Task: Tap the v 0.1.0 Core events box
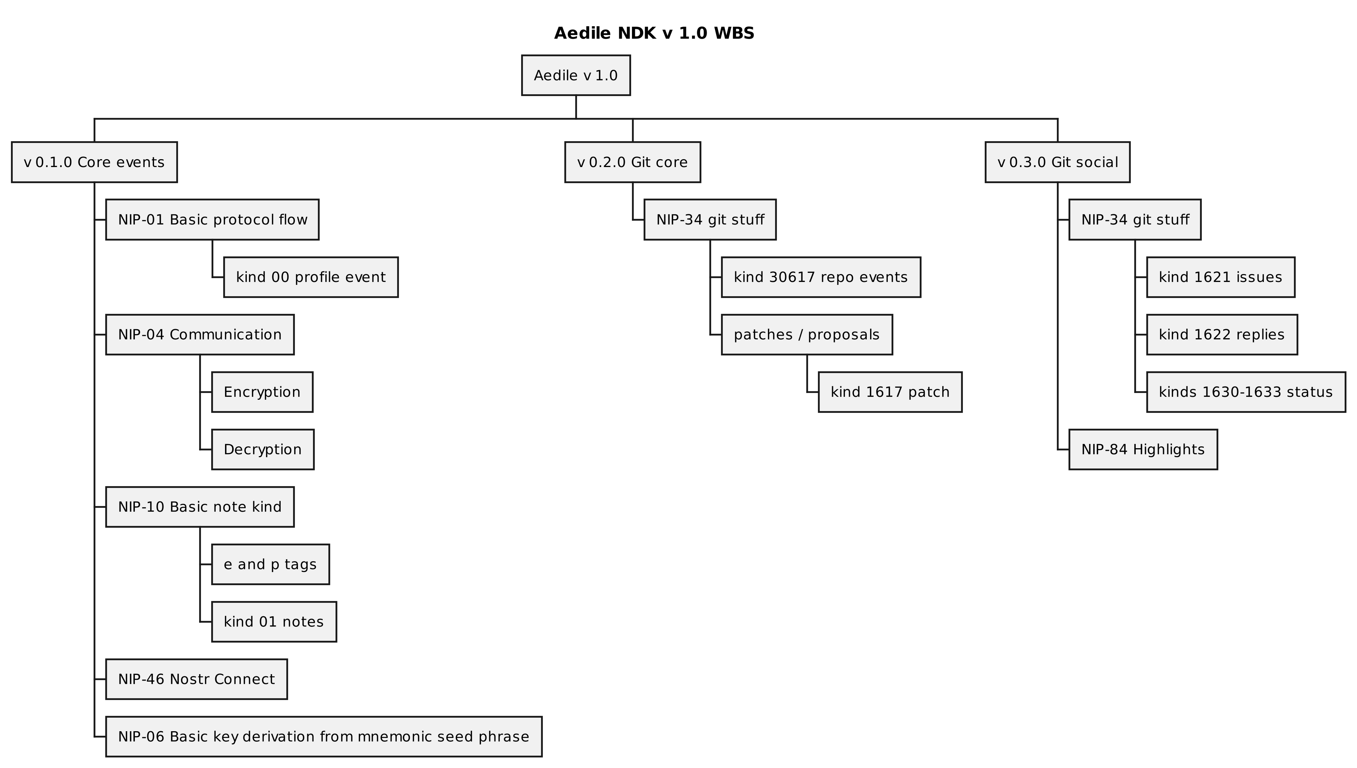(x=94, y=162)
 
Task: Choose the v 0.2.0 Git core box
(x=632, y=162)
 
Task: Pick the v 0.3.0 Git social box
(x=1057, y=162)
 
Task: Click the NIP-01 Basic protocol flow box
(x=212, y=220)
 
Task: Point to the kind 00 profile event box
(x=310, y=277)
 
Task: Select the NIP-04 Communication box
(x=199, y=334)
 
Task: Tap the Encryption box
(x=262, y=392)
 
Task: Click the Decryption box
(x=262, y=449)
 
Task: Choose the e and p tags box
(x=270, y=565)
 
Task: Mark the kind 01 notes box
(x=274, y=621)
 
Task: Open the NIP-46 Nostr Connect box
(x=196, y=679)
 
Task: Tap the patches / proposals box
(x=807, y=334)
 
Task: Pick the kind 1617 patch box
(x=890, y=392)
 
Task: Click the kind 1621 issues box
(x=1220, y=277)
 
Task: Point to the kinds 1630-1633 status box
(x=1246, y=392)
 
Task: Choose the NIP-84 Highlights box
(x=1143, y=449)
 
